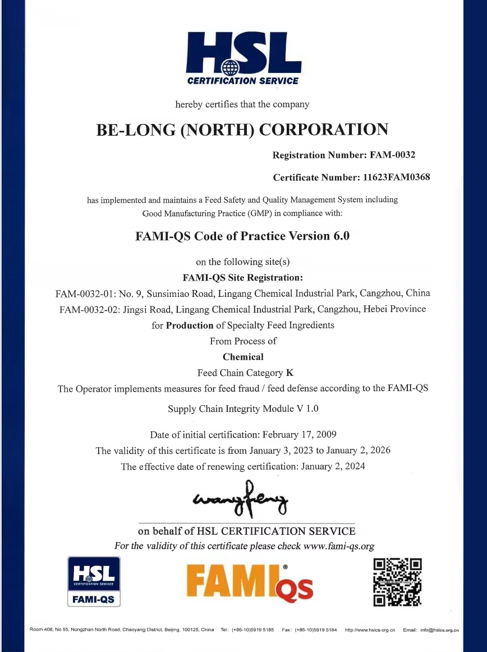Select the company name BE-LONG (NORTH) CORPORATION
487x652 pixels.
(x=242, y=130)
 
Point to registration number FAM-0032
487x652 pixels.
(x=391, y=154)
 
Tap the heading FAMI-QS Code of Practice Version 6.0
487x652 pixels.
(x=242, y=236)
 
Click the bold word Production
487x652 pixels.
(x=190, y=325)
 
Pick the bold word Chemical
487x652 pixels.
(x=243, y=357)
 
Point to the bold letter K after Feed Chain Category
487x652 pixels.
(x=290, y=373)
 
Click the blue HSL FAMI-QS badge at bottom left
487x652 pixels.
(x=94, y=582)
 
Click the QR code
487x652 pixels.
(x=397, y=582)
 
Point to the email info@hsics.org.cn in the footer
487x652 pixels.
(x=440, y=630)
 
